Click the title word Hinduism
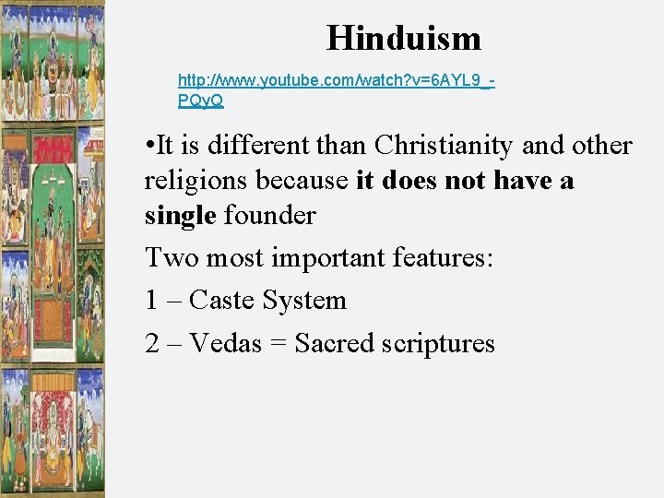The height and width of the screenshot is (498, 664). click(403, 38)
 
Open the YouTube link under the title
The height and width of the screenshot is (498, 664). click(336, 81)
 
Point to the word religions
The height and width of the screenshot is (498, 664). click(197, 181)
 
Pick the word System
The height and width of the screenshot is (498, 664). click(304, 301)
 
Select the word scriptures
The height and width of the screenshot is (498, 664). click(441, 344)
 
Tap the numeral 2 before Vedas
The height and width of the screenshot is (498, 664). click(153, 344)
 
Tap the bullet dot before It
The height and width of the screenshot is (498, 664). click(149, 146)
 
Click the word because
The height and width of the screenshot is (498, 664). click(304, 181)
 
